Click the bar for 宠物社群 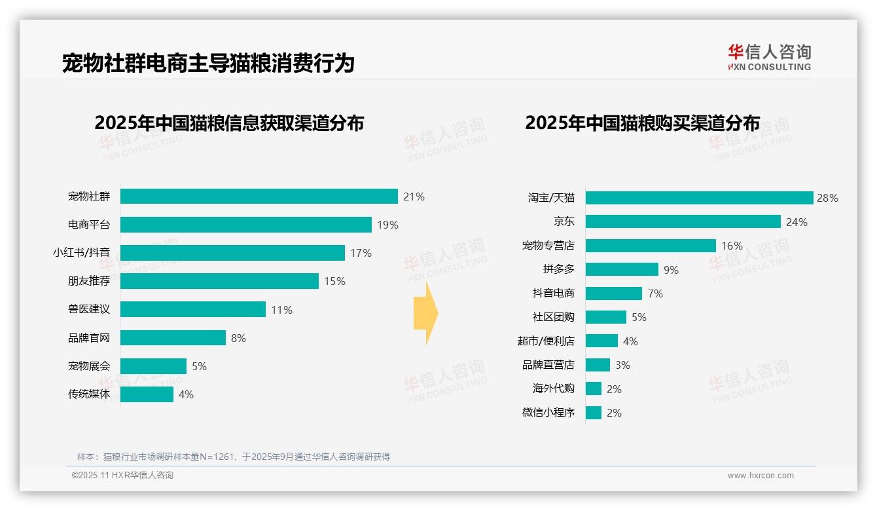tap(259, 197)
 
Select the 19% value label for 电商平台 tap(387, 225)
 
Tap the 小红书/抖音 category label tap(81, 253)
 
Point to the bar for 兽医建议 tap(193, 309)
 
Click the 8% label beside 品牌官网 tap(238, 338)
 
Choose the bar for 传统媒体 tap(147, 394)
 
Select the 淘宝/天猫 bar tap(699, 198)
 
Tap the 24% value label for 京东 tap(796, 222)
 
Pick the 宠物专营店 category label tap(548, 246)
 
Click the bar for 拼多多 tap(622, 269)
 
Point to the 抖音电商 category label tap(553, 293)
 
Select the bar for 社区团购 tap(605, 317)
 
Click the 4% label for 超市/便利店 tap(630, 341)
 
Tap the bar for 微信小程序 tap(593, 413)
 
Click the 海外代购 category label tap(553, 388)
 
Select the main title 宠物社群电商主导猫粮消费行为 tap(208, 64)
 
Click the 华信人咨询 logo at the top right tap(769, 57)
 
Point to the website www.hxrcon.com tap(761, 476)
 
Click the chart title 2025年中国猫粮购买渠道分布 tap(642, 123)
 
